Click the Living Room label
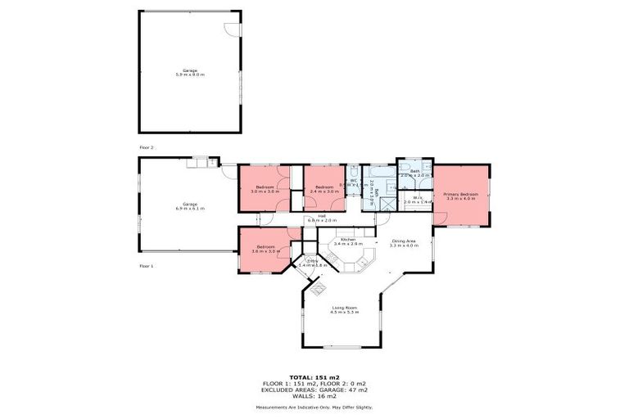(x=343, y=307)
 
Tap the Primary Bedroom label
(x=459, y=194)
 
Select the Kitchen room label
(x=348, y=239)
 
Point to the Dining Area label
(x=404, y=241)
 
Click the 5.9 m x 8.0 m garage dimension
(x=189, y=74)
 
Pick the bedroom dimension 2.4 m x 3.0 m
(x=324, y=191)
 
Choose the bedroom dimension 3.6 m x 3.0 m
(x=265, y=251)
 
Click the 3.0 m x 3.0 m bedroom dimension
(x=265, y=191)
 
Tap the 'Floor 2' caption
(x=147, y=147)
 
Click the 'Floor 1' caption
(x=147, y=266)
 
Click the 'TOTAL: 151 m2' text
(x=314, y=376)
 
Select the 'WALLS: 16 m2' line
(x=314, y=395)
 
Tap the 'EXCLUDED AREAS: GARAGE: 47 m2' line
(x=314, y=389)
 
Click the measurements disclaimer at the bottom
(x=314, y=407)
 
